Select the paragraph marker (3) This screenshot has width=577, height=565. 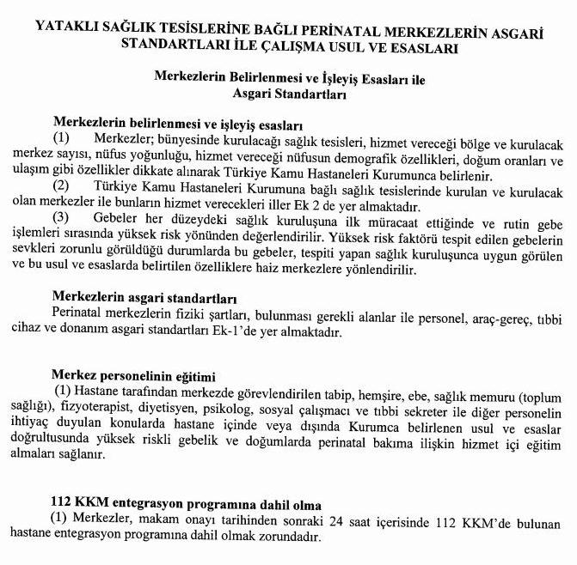pyautogui.click(x=62, y=217)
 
